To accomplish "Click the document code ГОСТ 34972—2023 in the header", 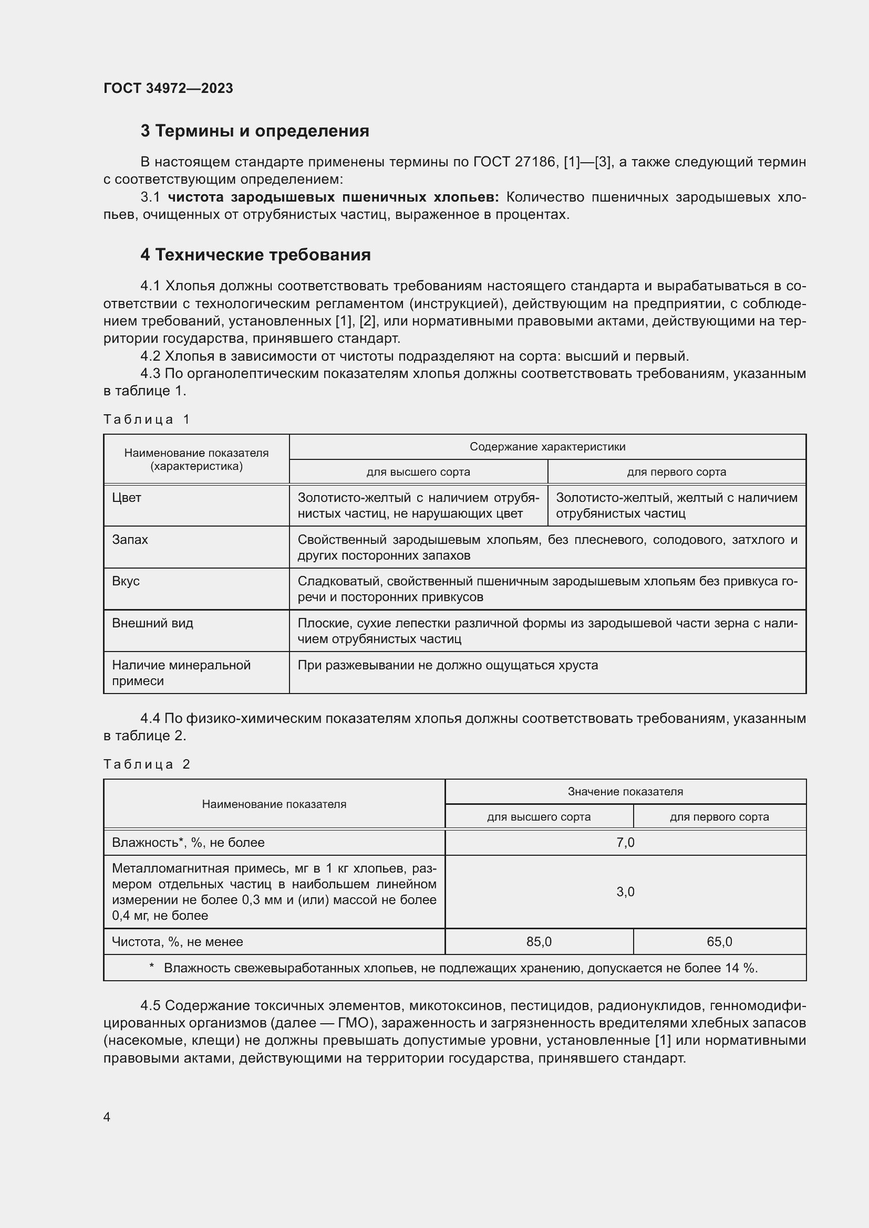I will [168, 88].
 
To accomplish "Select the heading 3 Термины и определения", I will [255, 131].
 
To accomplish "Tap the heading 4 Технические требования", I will [255, 255].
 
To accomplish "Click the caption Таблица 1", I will [146, 419].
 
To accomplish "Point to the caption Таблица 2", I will [146, 764].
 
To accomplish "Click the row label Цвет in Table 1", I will [126, 497].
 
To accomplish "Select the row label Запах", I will [129, 539].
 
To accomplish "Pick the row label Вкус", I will [125, 581].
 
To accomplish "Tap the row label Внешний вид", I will [152, 623].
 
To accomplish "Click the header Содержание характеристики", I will [547, 447].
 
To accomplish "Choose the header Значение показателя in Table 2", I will [625, 791].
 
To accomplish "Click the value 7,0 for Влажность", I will [625, 842].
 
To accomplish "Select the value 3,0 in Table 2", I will [625, 891].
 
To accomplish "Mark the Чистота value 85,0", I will [539, 941].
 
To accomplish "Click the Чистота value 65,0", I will [719, 941].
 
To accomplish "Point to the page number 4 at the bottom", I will [107, 1117].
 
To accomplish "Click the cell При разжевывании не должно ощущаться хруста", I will [447, 665].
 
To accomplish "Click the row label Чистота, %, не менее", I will [177, 941].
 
